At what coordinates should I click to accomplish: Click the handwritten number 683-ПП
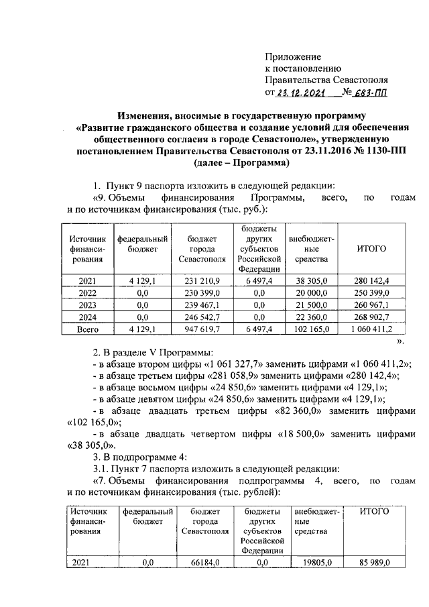point(373,93)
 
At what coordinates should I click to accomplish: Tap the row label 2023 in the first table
point(88,305)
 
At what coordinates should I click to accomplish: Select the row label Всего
point(88,329)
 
